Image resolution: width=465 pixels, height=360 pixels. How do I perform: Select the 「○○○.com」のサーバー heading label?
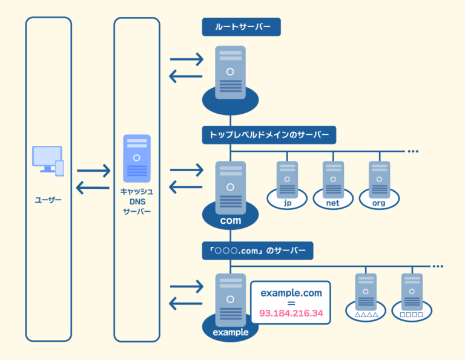tap(258, 249)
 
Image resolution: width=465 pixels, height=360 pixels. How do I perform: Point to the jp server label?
tap(288, 203)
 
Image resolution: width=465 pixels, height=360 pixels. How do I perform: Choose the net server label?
tap(332, 203)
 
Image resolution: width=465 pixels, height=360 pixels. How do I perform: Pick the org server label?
tap(379, 203)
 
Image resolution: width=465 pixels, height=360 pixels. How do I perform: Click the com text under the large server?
tap(230, 220)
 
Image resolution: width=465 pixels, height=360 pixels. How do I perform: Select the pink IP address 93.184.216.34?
tap(291, 314)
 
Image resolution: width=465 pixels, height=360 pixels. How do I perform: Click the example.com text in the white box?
tap(291, 293)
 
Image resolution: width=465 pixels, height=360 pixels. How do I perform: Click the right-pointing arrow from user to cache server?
tap(93, 170)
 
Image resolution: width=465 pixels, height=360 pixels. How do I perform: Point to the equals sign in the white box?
tap(291, 303)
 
